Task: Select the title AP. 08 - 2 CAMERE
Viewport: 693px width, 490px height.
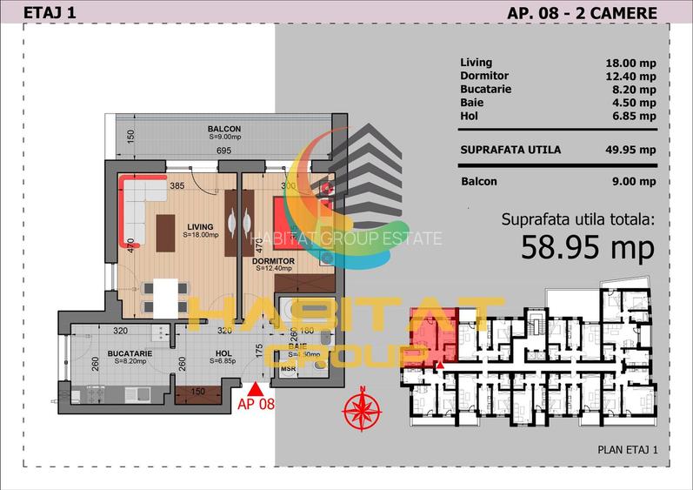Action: pos(581,12)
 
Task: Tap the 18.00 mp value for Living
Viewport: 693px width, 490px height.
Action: pos(630,63)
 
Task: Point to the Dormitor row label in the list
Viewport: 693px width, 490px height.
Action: pos(484,76)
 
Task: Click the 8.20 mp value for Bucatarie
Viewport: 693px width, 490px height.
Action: pos(633,89)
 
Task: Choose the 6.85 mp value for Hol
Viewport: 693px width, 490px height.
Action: pos(633,115)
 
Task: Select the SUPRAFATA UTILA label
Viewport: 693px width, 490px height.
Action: pos(510,149)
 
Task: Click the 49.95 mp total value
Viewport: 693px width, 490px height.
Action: pos(630,149)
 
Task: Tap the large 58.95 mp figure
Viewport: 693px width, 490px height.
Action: pos(587,248)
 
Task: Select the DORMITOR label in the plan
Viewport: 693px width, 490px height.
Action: pos(277,260)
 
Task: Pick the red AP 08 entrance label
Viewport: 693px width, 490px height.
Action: pos(255,403)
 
